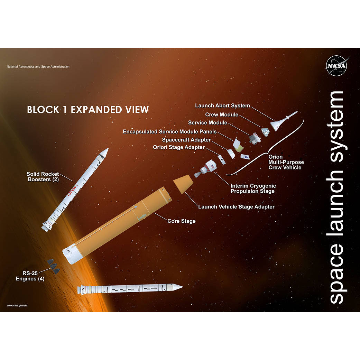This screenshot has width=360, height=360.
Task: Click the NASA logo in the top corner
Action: (337, 66)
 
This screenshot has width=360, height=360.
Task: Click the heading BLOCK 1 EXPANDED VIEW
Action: (88, 110)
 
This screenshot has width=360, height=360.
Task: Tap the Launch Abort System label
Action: (222, 105)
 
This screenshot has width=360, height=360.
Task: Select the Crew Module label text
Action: (222, 114)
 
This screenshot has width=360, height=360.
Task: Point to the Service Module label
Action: (207, 123)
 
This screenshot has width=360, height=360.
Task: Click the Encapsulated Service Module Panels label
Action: (170, 131)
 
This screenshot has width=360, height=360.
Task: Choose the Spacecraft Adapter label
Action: (186, 140)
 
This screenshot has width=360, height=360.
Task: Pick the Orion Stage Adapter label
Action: (179, 148)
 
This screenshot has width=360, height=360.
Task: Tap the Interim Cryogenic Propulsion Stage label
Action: (252, 188)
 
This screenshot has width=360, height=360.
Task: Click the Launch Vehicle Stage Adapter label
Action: (236, 207)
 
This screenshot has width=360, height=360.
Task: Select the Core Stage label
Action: (182, 221)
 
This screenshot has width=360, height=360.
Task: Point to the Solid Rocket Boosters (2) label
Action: (43, 177)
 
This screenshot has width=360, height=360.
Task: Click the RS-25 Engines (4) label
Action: (30, 276)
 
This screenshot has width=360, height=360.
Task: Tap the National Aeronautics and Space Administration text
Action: (38, 67)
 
